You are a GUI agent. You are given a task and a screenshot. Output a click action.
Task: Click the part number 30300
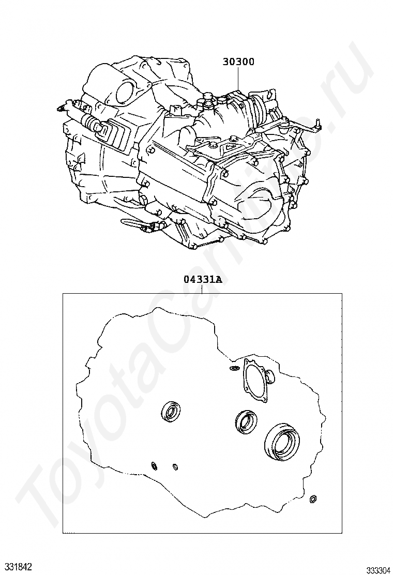point(238,62)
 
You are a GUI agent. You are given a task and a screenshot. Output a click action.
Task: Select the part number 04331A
point(203,279)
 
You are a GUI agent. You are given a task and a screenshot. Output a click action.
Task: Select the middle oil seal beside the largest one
point(246,420)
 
